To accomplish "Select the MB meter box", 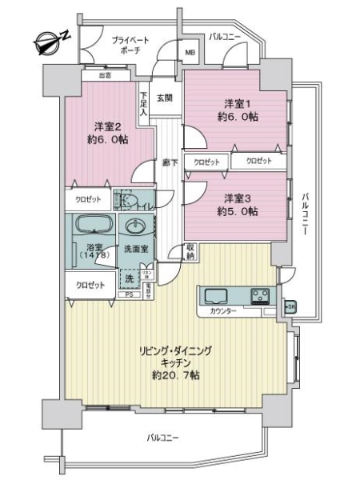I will (190, 54).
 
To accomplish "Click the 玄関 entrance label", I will (165, 98).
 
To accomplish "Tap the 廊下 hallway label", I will (169, 162).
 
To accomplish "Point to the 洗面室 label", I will (136, 249).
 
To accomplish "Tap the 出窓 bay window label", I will (105, 75).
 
